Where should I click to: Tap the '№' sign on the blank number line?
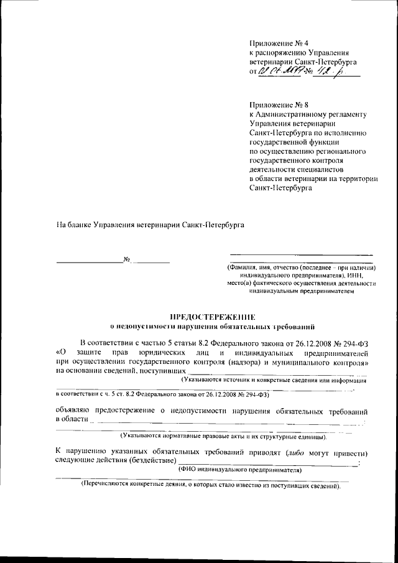click(127, 259)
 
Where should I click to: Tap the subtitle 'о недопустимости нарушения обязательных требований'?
click(212, 325)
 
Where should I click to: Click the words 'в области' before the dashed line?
click(72, 421)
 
